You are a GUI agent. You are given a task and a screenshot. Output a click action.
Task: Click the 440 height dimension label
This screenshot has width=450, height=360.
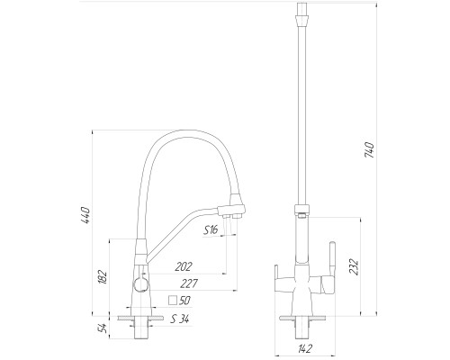pyautogui.click(x=86, y=215)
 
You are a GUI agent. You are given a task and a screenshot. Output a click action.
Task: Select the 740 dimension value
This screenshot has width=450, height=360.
pyautogui.click(x=369, y=150)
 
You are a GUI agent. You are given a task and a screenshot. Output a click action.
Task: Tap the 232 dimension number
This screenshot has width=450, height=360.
pyautogui.click(x=354, y=266)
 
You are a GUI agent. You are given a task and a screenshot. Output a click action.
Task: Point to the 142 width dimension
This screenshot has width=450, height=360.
pyautogui.click(x=305, y=348)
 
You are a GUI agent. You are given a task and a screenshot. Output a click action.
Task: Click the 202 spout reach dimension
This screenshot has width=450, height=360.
pyautogui.click(x=184, y=266)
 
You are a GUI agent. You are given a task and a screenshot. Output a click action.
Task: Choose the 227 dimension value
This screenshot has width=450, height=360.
pyautogui.click(x=189, y=283)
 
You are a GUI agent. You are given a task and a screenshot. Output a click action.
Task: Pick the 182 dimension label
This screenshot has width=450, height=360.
pyautogui.click(x=103, y=277)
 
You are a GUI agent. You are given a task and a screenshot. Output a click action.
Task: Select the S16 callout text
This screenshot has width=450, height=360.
pyautogui.click(x=211, y=229)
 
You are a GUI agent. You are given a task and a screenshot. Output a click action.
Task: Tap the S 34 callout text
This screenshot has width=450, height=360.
pyautogui.click(x=180, y=319)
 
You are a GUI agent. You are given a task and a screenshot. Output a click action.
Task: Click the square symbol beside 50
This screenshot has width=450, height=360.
pyautogui.click(x=173, y=301)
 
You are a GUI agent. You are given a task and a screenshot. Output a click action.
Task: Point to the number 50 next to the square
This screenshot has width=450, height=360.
pyautogui.click(x=184, y=301)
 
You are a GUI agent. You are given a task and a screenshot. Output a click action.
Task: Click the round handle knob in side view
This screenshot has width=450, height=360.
pyautogui.click(x=140, y=283)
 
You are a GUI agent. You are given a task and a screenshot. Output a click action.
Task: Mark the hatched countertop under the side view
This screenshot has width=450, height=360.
pyautogui.click(x=141, y=318)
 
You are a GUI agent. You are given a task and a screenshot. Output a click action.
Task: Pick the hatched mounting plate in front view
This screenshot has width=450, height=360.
pyautogui.click(x=302, y=318)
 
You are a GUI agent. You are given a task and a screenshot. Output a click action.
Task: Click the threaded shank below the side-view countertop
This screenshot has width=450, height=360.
pyautogui.click(x=140, y=329)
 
